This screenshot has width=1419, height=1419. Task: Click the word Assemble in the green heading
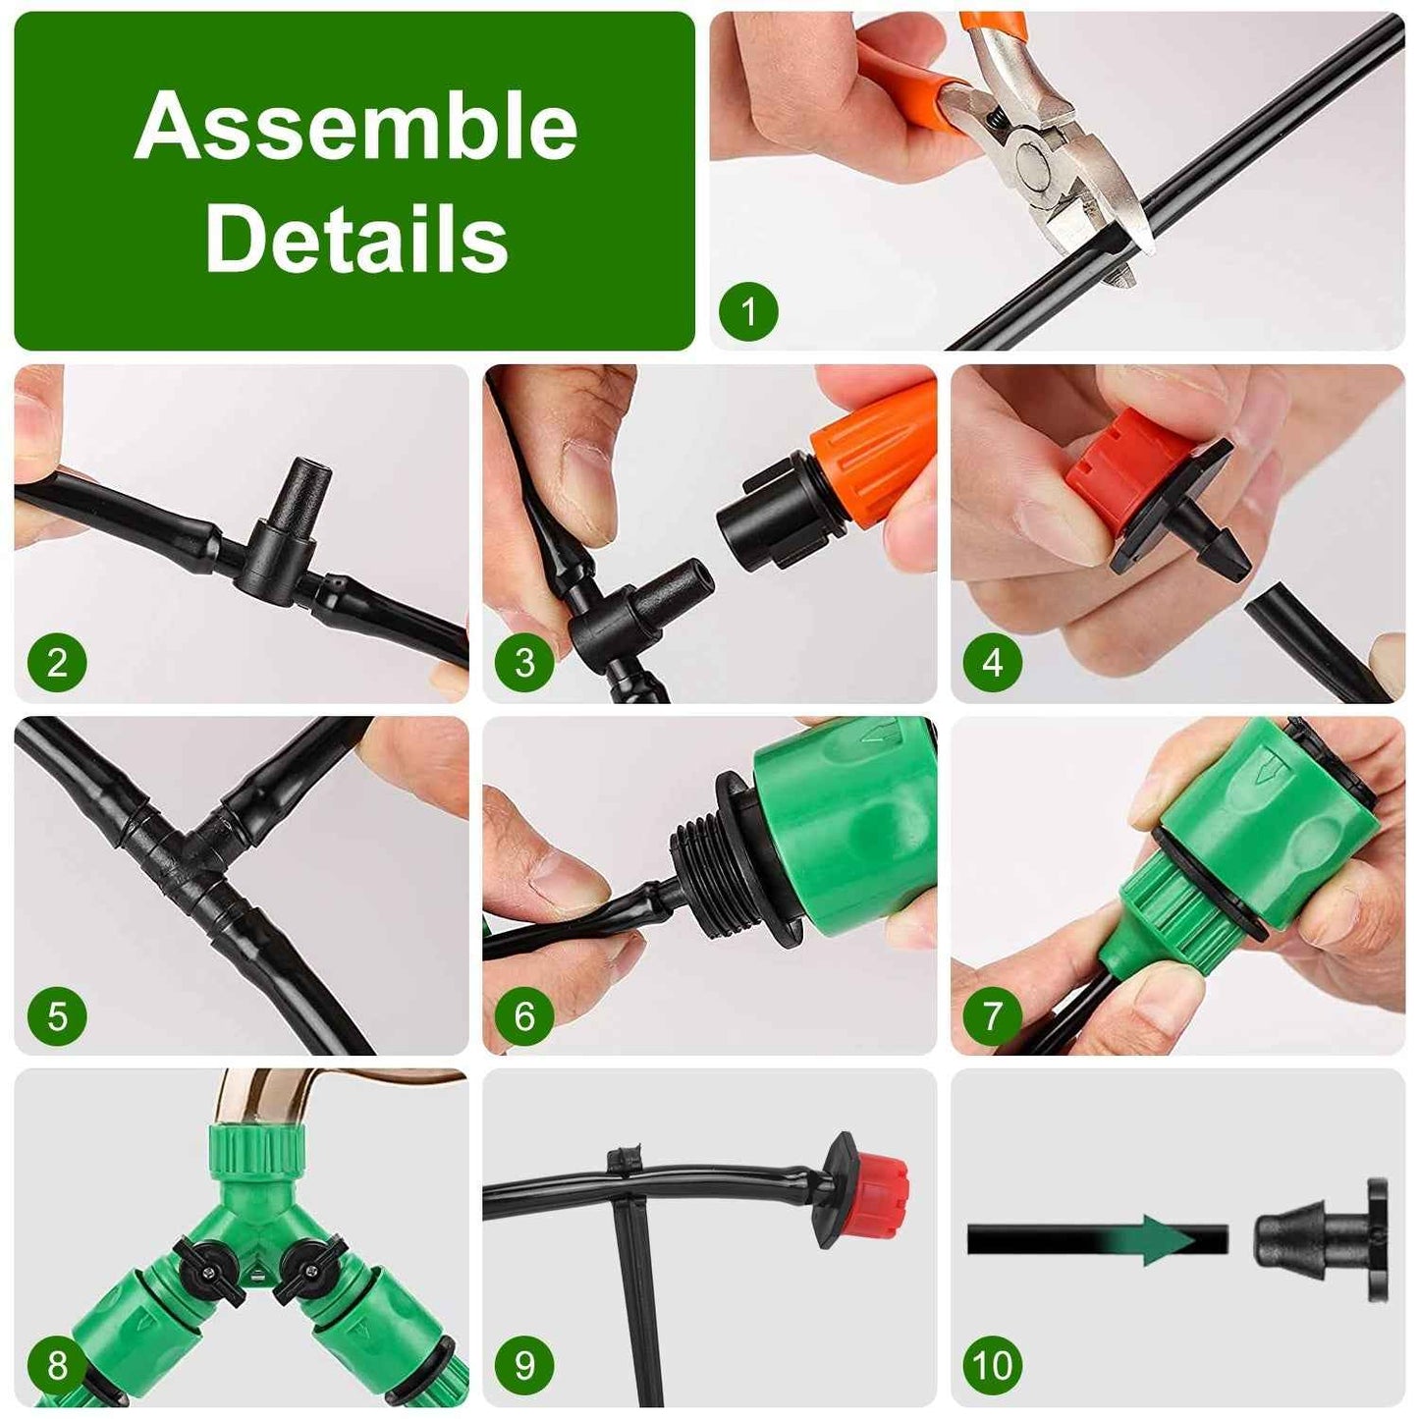[355, 127]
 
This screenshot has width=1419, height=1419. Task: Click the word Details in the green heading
[355, 239]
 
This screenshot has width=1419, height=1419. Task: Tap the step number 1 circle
[748, 311]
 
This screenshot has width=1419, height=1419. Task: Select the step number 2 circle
[57, 662]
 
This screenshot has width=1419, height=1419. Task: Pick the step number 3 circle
[524, 662]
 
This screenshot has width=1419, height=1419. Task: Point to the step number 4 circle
[993, 662]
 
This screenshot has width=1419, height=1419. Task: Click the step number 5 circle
[57, 1014]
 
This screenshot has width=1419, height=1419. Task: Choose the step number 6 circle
[524, 1014]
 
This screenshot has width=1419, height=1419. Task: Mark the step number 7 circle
[993, 1014]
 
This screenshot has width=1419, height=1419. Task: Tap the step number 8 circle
[57, 1365]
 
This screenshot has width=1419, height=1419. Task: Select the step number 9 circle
[524, 1365]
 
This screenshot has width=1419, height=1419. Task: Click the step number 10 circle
[993, 1365]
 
